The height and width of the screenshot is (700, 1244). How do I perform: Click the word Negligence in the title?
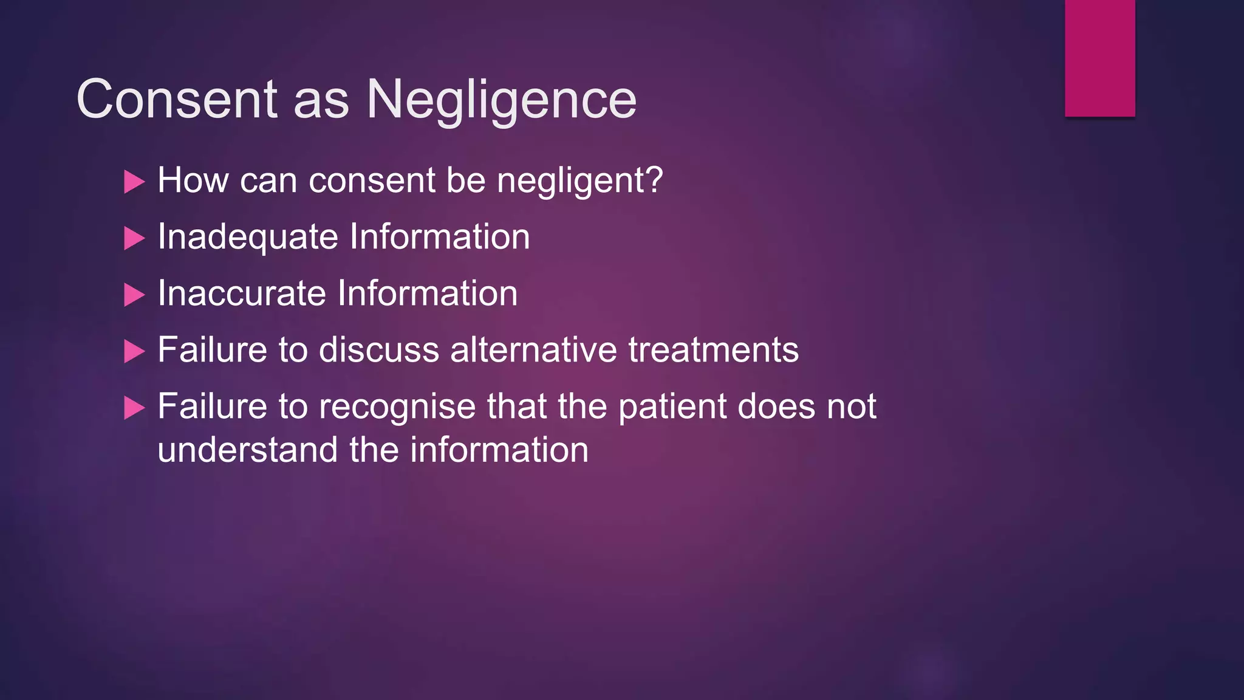[x=501, y=100]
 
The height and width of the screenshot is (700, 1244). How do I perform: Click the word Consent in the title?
[x=177, y=99]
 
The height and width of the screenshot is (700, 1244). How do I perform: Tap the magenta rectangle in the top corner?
[x=1099, y=58]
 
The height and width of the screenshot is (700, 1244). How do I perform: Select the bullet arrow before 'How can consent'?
[x=134, y=182]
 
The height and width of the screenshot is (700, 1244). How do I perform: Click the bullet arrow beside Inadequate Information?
[x=134, y=238]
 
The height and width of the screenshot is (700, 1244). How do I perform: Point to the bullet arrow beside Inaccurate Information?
[x=134, y=295]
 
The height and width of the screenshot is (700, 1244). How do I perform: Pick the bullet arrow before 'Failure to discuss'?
[x=134, y=351]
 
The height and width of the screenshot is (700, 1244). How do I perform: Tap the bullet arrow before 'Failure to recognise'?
[x=134, y=408]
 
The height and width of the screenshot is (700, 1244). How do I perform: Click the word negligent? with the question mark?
[x=579, y=181]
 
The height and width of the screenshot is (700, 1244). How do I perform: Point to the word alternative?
[x=533, y=350]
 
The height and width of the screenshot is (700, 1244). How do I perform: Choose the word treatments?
[x=713, y=350]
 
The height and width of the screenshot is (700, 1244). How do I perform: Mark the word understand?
[x=247, y=450]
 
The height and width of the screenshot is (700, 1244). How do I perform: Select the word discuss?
[x=378, y=350]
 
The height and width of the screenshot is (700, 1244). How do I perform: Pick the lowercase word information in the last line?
[x=499, y=450]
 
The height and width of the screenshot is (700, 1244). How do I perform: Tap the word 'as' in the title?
[x=321, y=100]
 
